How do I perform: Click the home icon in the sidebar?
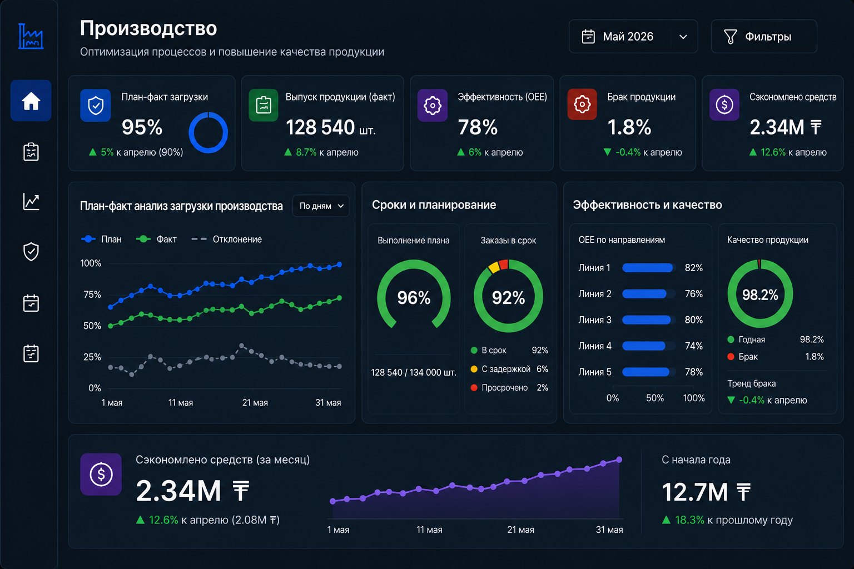(31, 101)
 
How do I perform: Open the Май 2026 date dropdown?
(633, 37)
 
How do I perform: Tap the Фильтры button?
(763, 37)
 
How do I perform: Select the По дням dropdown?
(321, 206)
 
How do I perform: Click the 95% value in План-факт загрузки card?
(142, 127)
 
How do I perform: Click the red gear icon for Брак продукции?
(582, 104)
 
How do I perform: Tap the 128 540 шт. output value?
(331, 127)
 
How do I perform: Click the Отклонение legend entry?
(226, 239)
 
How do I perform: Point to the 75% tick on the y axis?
(92, 294)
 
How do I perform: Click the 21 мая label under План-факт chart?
(255, 402)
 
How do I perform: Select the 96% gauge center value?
(414, 298)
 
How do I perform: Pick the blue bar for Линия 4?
(643, 346)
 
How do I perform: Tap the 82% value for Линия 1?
(693, 267)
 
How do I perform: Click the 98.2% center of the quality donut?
(760, 295)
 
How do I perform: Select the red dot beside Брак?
(731, 357)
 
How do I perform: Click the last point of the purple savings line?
(619, 460)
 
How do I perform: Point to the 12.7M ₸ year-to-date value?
(706, 492)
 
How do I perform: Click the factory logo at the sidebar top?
(31, 36)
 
